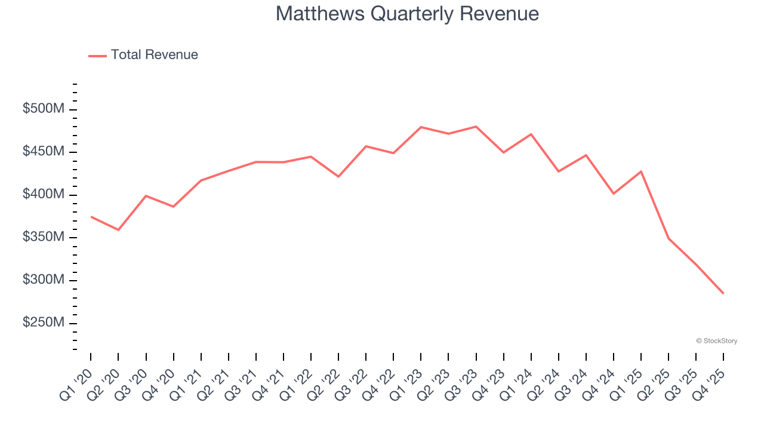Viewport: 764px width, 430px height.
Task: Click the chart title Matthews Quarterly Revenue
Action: [x=407, y=14]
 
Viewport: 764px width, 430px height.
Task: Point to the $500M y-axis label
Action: [x=44, y=109]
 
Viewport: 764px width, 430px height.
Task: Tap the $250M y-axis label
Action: [x=44, y=323]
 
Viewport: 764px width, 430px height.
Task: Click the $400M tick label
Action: [x=44, y=195]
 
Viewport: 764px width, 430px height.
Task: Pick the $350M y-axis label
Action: [x=44, y=238]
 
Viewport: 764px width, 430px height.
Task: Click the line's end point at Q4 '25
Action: [x=723, y=293]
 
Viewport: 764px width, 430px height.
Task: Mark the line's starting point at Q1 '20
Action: [x=91, y=217]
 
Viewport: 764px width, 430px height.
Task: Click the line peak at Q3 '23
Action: [x=476, y=127]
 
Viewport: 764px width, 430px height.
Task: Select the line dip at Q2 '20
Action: [x=118, y=230]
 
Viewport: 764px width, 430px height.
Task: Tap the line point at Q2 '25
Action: [x=668, y=238]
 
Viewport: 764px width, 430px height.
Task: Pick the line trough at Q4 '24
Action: [x=614, y=193]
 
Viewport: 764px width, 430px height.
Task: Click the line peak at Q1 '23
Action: [x=421, y=127]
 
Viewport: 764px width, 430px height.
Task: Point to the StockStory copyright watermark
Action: [x=716, y=341]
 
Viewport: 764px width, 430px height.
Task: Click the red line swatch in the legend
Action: [x=97, y=56]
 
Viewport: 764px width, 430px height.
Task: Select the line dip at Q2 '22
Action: [x=338, y=177]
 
